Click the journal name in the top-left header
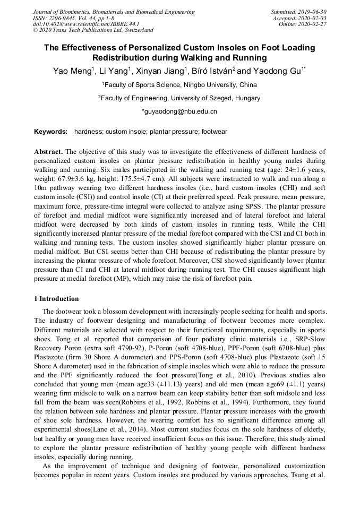pos(114,12)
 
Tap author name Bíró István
pos(205,71)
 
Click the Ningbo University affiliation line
pos(179,85)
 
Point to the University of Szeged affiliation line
pos(179,98)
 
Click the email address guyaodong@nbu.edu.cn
pos(179,112)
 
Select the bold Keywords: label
pos(51,132)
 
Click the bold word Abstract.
pos(48,151)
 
